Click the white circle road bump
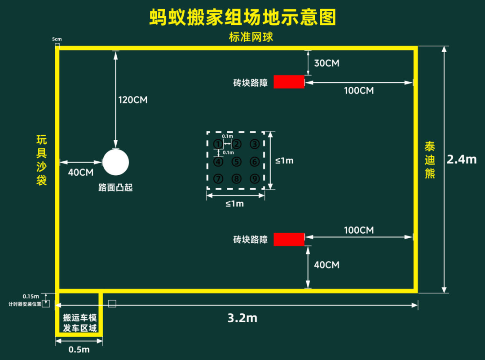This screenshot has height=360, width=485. (x=116, y=162)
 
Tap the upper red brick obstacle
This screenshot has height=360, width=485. (x=289, y=82)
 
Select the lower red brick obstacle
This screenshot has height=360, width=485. (x=289, y=239)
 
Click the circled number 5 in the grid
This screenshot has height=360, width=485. (x=237, y=162)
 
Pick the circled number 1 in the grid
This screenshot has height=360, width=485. (x=218, y=144)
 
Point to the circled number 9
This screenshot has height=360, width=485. (x=255, y=178)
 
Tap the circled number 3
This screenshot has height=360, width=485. (x=255, y=144)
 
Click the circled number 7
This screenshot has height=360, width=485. (x=218, y=178)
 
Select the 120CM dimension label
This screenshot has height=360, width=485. (x=133, y=100)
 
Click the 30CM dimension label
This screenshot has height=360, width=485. (x=326, y=63)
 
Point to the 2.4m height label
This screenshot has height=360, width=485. (x=462, y=160)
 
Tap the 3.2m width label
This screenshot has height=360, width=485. (x=242, y=318)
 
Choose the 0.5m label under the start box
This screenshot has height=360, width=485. (x=79, y=350)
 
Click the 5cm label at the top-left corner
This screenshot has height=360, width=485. (x=57, y=39)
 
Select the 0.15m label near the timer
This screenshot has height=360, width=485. (x=31, y=297)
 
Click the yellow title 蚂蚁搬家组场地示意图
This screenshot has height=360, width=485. (x=243, y=17)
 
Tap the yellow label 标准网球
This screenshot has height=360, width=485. (x=251, y=37)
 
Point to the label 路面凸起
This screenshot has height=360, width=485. (x=115, y=187)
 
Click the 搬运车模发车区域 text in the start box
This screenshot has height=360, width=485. (x=80, y=323)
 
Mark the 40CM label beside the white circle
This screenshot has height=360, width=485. (x=81, y=173)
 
